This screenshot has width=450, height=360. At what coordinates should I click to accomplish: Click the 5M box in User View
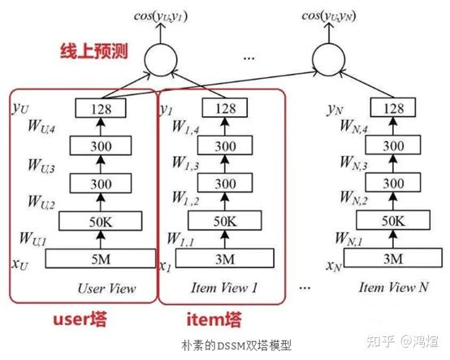click(99, 258)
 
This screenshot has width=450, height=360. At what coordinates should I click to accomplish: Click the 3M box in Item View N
click(392, 258)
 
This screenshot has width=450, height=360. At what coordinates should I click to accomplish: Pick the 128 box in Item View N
click(392, 107)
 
